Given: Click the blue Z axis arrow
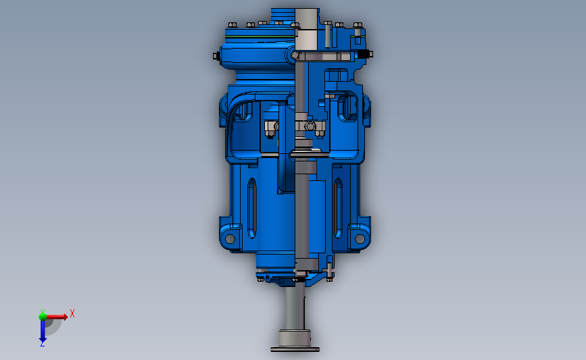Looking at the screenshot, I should pos(42,331).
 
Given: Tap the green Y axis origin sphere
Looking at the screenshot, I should pos(43,315).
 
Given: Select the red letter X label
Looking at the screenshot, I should pos(72,313).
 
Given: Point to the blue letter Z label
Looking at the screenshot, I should pos(42,344).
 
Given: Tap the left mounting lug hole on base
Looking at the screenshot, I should pos(230,238).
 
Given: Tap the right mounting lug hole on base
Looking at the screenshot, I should pos(360,238).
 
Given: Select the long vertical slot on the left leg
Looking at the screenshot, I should pos(251,203).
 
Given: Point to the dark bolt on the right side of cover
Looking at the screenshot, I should pos(365,53).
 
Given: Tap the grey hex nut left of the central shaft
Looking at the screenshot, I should pos(270,127).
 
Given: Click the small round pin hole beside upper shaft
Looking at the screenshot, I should pos(295,55).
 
